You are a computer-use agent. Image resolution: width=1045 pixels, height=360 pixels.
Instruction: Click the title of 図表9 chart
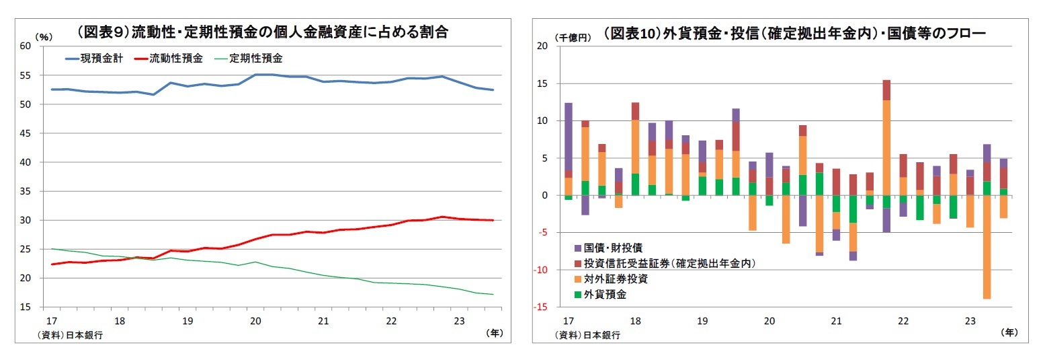point(263,32)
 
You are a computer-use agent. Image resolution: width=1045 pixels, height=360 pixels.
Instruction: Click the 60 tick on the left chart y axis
point(26,46)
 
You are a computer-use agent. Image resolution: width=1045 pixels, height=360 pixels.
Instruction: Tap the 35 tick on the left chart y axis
point(26,191)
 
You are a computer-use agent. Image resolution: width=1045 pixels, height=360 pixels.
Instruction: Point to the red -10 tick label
point(543,271)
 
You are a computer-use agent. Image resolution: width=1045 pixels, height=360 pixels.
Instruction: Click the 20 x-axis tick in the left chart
point(255,321)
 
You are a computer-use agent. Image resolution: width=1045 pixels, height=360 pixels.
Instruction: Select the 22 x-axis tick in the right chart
point(903,321)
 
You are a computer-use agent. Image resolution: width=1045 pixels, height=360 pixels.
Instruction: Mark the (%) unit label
point(42,36)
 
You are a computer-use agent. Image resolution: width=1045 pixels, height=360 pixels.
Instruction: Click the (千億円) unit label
point(573,37)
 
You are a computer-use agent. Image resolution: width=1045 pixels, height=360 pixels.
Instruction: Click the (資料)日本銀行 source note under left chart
point(74,334)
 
